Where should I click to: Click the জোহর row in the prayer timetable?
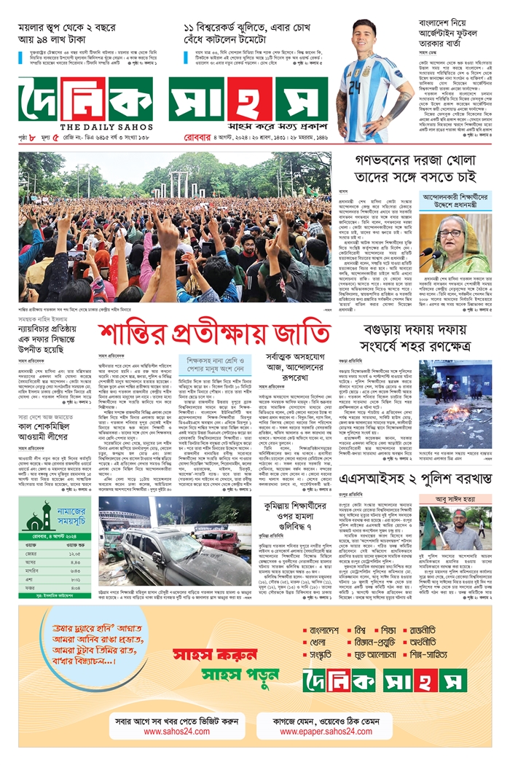point(56,554)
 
